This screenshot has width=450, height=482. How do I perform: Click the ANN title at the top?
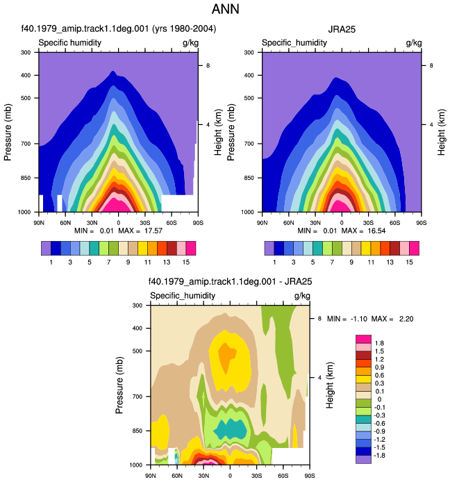(x=225, y=9)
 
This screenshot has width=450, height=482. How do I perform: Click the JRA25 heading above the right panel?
(x=342, y=29)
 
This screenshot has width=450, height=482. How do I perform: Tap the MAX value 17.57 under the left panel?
(x=153, y=231)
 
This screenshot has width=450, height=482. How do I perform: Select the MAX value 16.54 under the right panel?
(x=376, y=231)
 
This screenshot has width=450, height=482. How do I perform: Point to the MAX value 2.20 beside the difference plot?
(x=406, y=319)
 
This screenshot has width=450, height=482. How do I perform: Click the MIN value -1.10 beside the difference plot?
(x=359, y=319)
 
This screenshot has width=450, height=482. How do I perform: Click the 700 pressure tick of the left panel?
(x=26, y=144)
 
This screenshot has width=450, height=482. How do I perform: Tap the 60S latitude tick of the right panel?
(x=394, y=222)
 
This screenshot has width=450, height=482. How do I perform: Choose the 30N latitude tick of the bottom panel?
(x=203, y=476)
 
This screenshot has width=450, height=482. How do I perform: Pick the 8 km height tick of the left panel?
(x=208, y=65)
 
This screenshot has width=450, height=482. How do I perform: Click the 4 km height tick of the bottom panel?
(x=319, y=377)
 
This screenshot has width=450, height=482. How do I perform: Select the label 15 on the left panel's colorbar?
(x=185, y=263)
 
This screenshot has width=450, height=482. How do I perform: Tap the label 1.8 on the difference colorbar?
(x=379, y=343)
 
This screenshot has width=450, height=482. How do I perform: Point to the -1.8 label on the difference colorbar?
(x=379, y=455)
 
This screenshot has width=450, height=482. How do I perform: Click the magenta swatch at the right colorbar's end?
(x=415, y=249)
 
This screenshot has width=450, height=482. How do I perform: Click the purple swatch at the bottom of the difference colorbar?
(x=363, y=459)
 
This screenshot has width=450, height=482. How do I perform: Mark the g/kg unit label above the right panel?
(x=414, y=43)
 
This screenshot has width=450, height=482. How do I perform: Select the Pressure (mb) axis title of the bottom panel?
(x=119, y=385)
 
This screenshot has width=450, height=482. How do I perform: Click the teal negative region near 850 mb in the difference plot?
(x=231, y=429)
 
